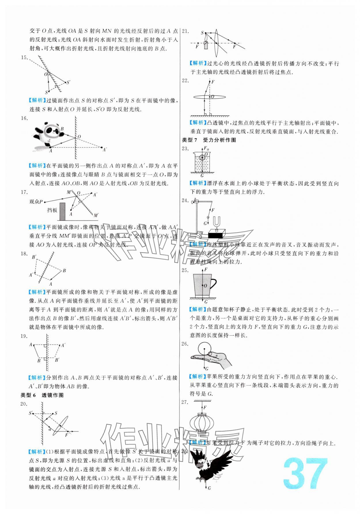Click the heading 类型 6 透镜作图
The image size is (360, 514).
pos(42,395)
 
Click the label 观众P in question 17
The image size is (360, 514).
pos(36,202)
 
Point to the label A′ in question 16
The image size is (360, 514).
pos(105,149)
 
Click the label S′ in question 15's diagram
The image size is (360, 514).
pos(69,82)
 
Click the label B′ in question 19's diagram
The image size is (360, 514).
pos(57,360)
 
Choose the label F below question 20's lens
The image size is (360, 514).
pos(67,435)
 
